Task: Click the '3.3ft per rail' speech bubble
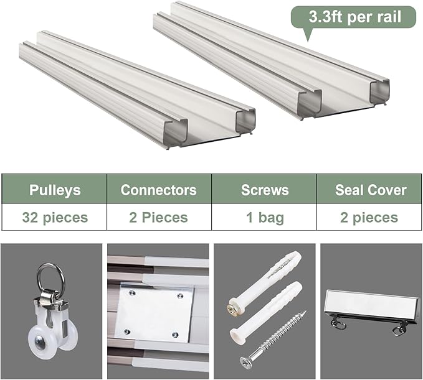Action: coord(353,17)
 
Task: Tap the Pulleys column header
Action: coord(54,189)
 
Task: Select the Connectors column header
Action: coord(159,189)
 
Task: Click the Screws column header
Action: coord(264,189)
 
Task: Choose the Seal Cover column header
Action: coord(369,189)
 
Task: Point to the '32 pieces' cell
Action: coord(54,217)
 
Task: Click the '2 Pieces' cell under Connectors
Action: coord(159,217)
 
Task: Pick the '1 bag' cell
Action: coord(264,217)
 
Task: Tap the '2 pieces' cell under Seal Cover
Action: coord(369,217)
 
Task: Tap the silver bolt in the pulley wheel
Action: coord(40,343)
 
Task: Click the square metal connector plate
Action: coord(154,312)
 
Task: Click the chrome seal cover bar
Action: coord(372,304)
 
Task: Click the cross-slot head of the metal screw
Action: coord(247,362)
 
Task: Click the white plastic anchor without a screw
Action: coord(266,312)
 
